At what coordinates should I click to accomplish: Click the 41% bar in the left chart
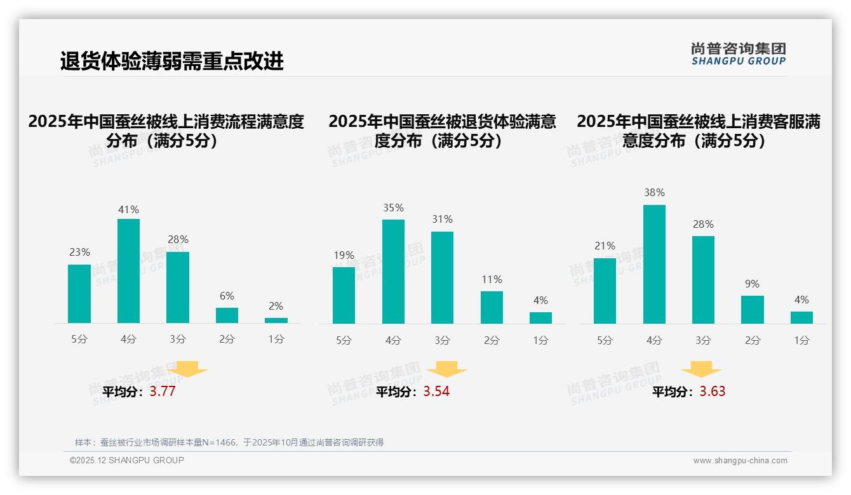point(129,271)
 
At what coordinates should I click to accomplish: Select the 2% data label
point(276,306)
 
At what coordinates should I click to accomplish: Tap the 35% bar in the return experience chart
point(393,272)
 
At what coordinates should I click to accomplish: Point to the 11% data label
point(492,279)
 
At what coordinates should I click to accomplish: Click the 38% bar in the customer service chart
point(654,264)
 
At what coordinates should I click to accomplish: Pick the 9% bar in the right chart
point(752,310)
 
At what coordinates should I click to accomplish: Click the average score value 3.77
point(163,392)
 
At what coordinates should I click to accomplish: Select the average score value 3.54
point(436,392)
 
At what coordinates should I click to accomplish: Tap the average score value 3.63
point(713,392)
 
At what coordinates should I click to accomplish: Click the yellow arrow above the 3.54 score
point(446,369)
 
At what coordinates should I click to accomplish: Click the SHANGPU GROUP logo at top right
point(738,54)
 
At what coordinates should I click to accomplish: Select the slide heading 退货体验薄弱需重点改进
point(171,61)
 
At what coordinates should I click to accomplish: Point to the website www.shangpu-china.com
point(740,461)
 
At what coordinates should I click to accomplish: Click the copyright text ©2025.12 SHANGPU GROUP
point(127,460)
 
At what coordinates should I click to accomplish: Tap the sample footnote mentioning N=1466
point(229,442)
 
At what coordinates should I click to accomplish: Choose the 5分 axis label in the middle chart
point(344,340)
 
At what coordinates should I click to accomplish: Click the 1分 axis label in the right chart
point(801,340)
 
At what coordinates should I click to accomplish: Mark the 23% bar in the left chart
point(79,294)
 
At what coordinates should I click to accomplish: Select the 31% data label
point(443,219)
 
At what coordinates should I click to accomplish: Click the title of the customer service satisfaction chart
point(699,131)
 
